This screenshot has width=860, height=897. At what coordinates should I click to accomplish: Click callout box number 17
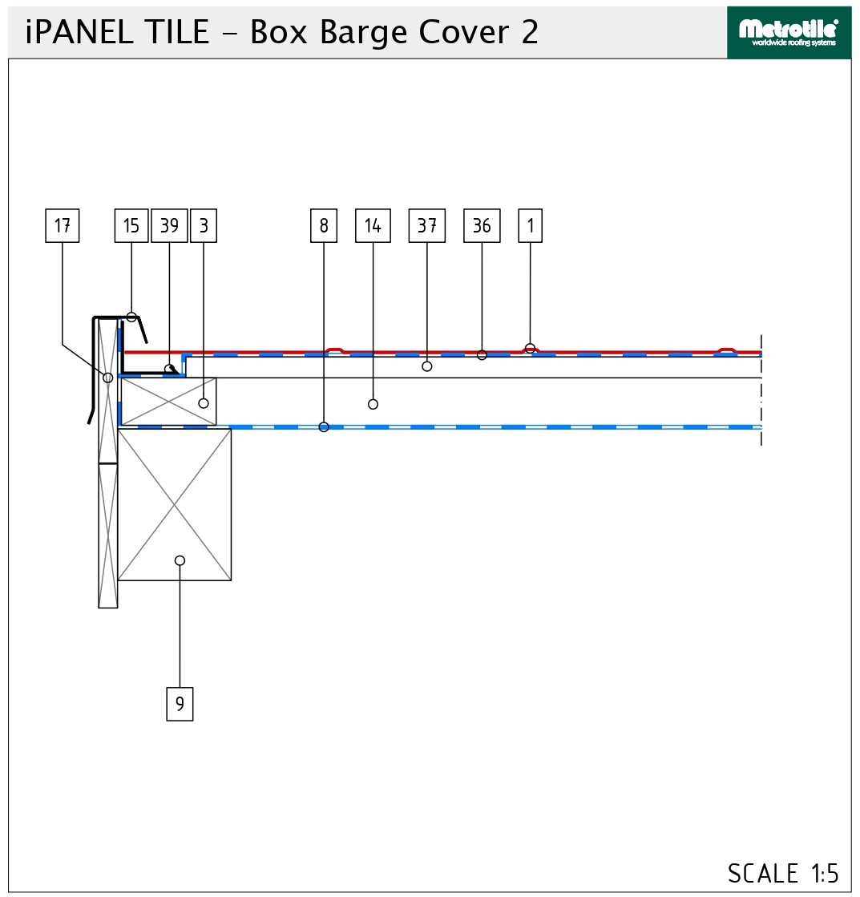(63, 226)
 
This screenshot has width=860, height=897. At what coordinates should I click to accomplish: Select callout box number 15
(131, 226)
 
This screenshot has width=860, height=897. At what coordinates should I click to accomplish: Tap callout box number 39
(169, 226)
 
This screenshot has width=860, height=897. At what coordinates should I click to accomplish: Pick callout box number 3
(204, 226)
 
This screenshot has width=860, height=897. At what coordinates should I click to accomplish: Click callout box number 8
(324, 226)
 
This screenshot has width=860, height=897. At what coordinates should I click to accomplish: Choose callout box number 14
(373, 226)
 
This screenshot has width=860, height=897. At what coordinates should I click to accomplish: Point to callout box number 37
(427, 226)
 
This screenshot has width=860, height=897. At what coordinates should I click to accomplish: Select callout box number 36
(482, 226)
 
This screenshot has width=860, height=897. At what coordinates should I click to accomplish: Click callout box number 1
(530, 226)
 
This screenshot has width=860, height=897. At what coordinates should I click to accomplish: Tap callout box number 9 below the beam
(180, 705)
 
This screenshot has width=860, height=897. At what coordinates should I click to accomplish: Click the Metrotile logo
(789, 33)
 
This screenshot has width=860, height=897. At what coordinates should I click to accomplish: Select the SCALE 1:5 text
(783, 874)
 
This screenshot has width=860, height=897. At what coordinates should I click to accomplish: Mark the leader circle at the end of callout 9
(180, 560)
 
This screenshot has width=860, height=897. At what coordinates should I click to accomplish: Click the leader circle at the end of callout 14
(373, 405)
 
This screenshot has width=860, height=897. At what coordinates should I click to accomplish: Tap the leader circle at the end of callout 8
(324, 427)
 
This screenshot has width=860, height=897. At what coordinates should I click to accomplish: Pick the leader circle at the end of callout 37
(427, 366)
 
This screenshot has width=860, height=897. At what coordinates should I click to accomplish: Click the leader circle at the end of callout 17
(107, 378)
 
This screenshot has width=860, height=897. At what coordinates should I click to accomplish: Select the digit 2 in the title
(530, 32)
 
